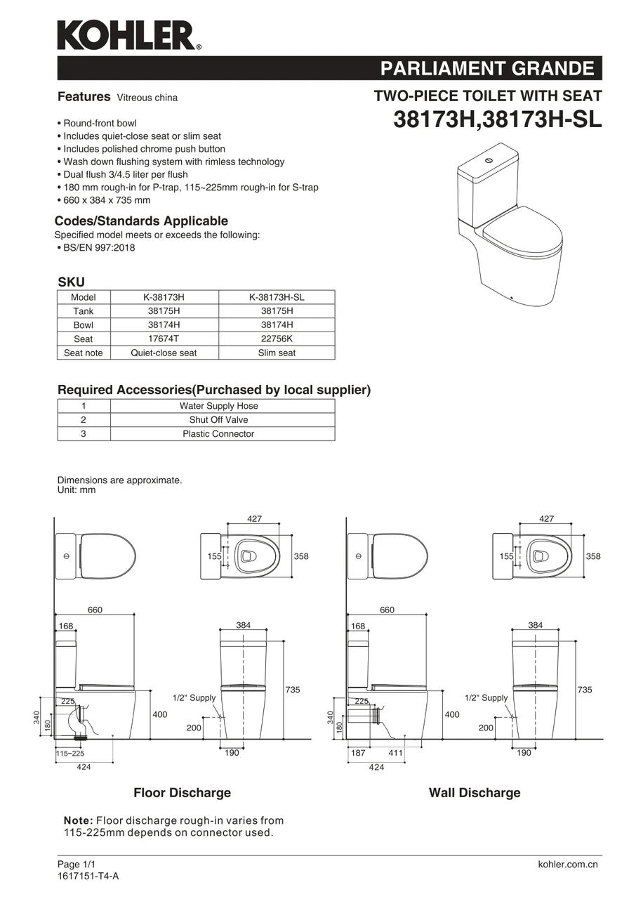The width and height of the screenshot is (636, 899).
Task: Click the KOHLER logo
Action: pyautogui.click(x=128, y=35)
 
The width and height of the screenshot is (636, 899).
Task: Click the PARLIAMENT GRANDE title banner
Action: pyautogui.click(x=486, y=69)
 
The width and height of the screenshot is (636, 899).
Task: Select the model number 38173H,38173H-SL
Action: pyautogui.click(x=497, y=119)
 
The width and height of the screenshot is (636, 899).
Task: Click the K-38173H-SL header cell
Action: pyautogui.click(x=277, y=297)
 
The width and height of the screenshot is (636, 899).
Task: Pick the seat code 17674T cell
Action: pyautogui.click(x=164, y=339)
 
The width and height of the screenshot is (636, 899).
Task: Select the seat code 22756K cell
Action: pyautogui.click(x=277, y=339)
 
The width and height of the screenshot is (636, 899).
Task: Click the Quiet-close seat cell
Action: pyautogui.click(x=164, y=353)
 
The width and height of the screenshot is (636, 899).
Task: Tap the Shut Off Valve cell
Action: pyautogui.click(x=218, y=420)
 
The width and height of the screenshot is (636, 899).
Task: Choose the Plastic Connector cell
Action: pyautogui.click(x=218, y=434)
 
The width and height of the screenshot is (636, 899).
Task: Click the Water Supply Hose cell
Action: pyautogui.click(x=218, y=406)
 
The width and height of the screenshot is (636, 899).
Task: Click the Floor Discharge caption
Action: pyautogui.click(x=182, y=793)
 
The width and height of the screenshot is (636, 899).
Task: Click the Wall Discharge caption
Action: pyautogui.click(x=475, y=793)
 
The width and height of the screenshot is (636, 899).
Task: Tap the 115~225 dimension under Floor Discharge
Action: pyautogui.click(x=70, y=754)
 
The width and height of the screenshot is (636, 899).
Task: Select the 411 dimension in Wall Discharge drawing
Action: pyautogui.click(x=395, y=753)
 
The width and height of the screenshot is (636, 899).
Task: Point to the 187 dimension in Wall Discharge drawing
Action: pyautogui.click(x=357, y=753)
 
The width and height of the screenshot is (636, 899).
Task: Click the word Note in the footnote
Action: pyautogui.click(x=77, y=820)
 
